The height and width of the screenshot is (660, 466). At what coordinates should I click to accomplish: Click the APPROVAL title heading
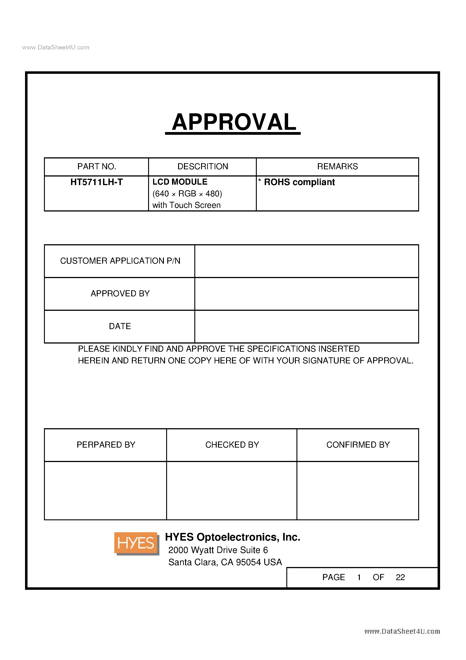(234, 122)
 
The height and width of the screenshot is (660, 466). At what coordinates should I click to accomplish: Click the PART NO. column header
(96, 166)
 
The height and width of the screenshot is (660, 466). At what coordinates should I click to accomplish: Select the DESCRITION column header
(202, 166)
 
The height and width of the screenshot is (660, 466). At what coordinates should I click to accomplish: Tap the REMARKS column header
(337, 166)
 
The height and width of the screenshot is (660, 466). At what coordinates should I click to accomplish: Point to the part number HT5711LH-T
(96, 182)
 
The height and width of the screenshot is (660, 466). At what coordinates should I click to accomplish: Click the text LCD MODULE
(180, 182)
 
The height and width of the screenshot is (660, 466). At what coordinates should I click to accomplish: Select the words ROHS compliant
(299, 182)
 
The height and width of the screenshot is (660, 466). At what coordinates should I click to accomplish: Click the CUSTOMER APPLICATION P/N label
(120, 261)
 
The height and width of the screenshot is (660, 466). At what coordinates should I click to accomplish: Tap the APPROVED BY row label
(120, 293)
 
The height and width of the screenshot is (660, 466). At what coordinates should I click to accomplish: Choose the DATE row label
(120, 326)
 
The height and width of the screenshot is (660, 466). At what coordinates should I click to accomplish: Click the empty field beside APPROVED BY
(306, 293)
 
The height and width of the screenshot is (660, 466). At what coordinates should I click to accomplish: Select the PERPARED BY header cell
(106, 445)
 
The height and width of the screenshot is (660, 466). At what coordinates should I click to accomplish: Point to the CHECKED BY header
(232, 445)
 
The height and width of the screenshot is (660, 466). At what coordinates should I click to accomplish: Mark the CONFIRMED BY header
(358, 445)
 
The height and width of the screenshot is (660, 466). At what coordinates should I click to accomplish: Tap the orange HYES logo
(136, 543)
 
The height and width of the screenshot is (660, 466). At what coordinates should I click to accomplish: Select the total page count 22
(400, 577)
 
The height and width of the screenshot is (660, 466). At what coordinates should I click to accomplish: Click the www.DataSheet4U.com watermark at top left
(56, 47)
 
